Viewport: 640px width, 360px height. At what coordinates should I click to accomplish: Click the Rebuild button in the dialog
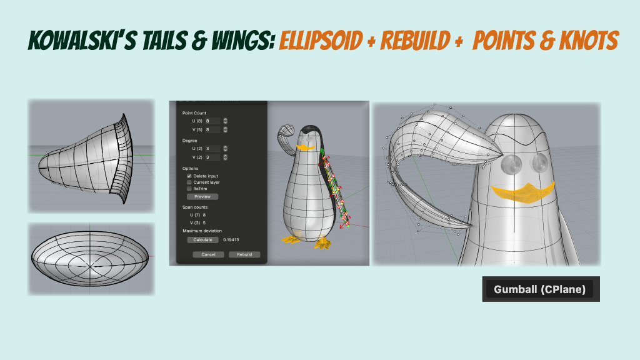click(x=244, y=254)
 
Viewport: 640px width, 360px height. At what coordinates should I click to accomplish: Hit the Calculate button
click(x=202, y=240)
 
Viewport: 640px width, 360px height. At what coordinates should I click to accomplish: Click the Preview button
click(x=202, y=196)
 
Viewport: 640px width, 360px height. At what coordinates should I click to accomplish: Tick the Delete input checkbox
click(x=189, y=176)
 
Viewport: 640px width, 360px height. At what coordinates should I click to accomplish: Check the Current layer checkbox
click(x=189, y=182)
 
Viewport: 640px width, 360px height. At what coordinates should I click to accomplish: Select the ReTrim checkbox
click(x=189, y=189)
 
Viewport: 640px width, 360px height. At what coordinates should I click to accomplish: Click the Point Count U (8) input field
click(x=212, y=121)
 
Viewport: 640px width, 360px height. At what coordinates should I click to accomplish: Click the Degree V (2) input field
click(x=212, y=157)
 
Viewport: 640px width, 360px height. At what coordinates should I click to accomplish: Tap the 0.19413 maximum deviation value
click(x=232, y=240)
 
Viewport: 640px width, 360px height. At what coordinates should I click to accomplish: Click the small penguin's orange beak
click(x=303, y=147)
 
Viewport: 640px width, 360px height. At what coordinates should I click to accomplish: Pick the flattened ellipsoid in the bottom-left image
click(x=91, y=259)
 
